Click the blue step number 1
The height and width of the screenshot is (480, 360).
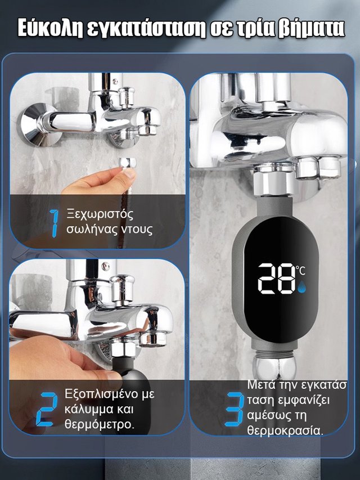(55, 223)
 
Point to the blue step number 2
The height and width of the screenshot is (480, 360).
(47, 409)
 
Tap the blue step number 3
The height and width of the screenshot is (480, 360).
(235, 410)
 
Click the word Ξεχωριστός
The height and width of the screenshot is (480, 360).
(100, 214)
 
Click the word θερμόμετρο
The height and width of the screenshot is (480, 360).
(99, 425)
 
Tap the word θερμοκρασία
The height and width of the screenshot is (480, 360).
(285, 430)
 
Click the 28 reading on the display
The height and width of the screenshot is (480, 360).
(276, 279)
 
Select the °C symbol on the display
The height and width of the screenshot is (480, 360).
(300, 270)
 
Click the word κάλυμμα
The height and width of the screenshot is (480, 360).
(89, 410)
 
